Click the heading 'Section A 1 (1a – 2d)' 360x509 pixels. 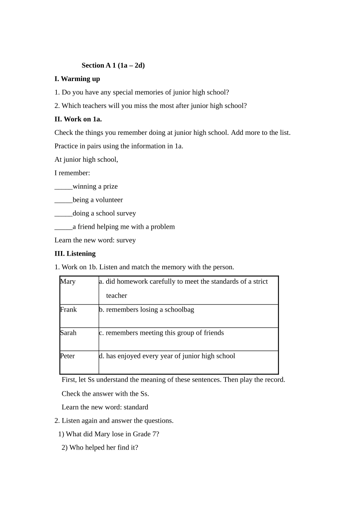click(113, 66)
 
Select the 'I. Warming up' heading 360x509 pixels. click(77, 79)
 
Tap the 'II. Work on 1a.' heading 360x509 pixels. click(78, 119)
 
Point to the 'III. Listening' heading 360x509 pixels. click(75, 254)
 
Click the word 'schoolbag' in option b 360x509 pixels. click(179, 310)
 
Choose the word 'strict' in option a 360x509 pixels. click(260, 282)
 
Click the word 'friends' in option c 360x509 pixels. click(213, 333)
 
